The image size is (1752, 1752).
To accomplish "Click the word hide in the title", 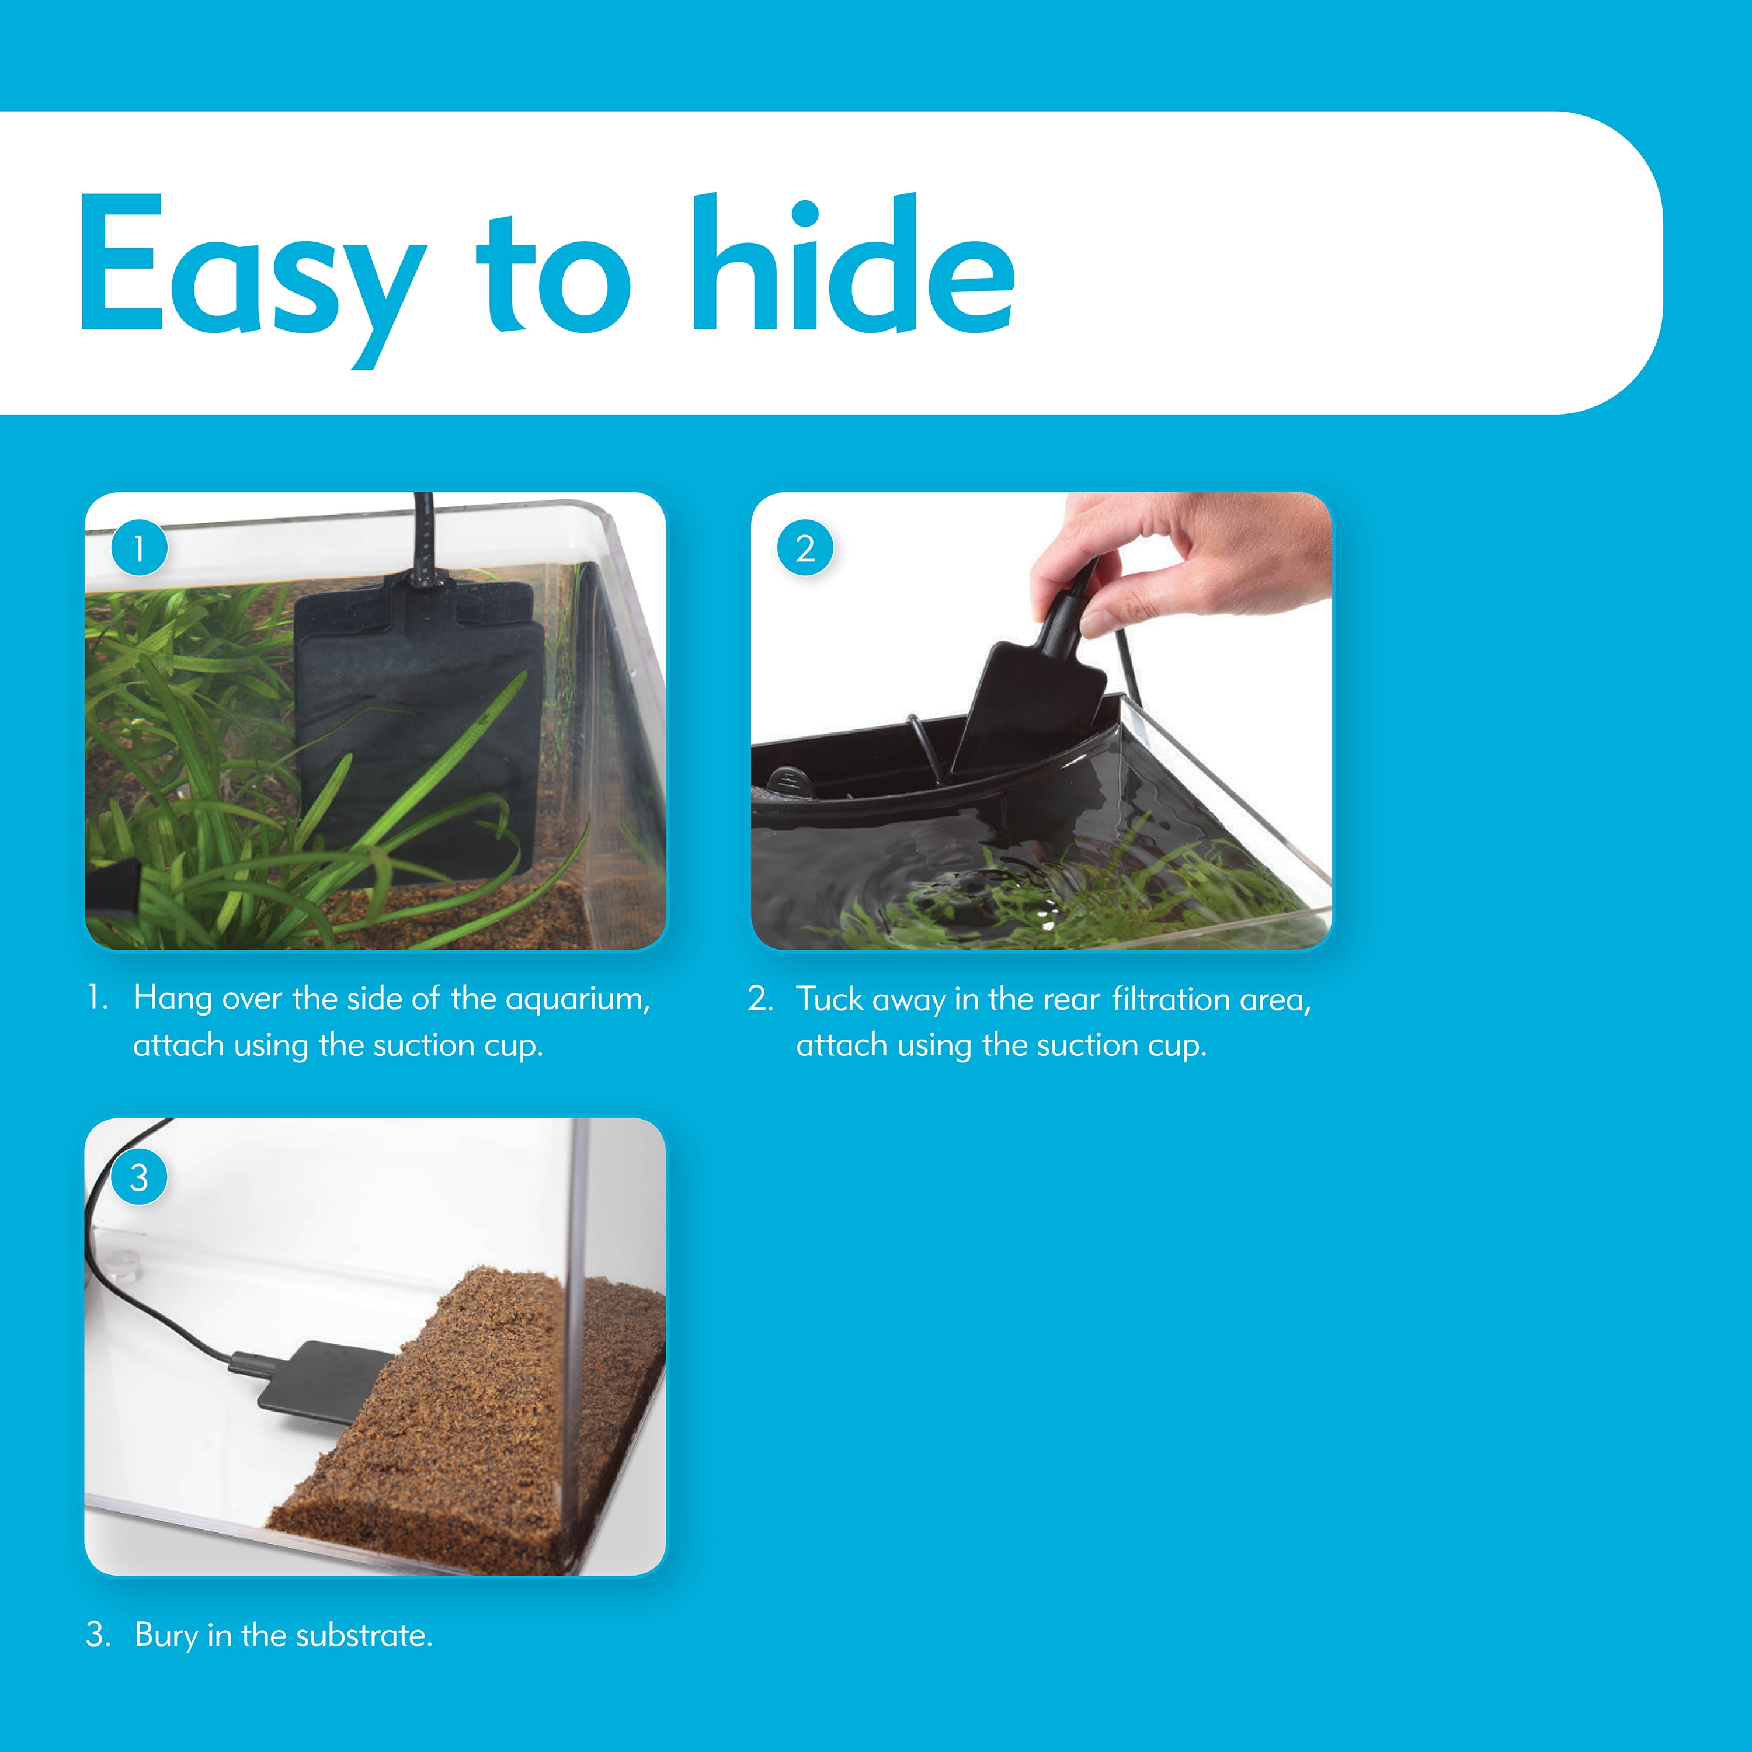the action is pyautogui.click(x=853, y=263).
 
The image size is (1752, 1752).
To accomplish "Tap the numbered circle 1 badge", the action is pyautogui.click(x=139, y=548).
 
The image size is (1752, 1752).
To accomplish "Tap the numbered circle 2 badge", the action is pyautogui.click(x=805, y=548).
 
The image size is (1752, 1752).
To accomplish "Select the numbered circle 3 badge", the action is pyautogui.click(x=139, y=1178).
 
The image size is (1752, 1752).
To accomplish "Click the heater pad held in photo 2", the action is pyautogui.click(x=1029, y=698).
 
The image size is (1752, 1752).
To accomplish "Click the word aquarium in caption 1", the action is pyautogui.click(x=578, y=999).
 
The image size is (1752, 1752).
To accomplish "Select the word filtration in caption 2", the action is pyautogui.click(x=1171, y=999).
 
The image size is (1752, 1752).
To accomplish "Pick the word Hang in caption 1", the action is pyautogui.click(x=172, y=999).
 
